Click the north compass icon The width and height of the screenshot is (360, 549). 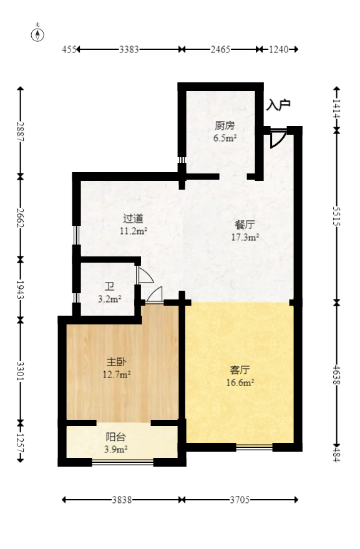click(39, 34)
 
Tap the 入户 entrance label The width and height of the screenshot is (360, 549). click(278, 105)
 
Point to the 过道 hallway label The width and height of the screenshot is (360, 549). click(133, 219)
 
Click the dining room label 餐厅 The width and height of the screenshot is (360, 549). click(245, 225)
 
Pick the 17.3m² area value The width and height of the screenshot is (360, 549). click(245, 238)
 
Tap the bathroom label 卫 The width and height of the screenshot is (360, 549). click(109, 286)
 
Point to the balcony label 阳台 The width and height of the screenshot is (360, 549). click(115, 437)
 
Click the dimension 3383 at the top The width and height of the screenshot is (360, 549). click(129, 49)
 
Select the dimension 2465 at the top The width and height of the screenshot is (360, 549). click(220, 49)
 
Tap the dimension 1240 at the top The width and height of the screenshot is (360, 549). click(279, 49)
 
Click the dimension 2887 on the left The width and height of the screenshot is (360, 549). click(21, 132)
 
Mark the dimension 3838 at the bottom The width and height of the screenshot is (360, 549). click(122, 499)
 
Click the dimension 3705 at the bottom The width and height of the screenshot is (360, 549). click(240, 499)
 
